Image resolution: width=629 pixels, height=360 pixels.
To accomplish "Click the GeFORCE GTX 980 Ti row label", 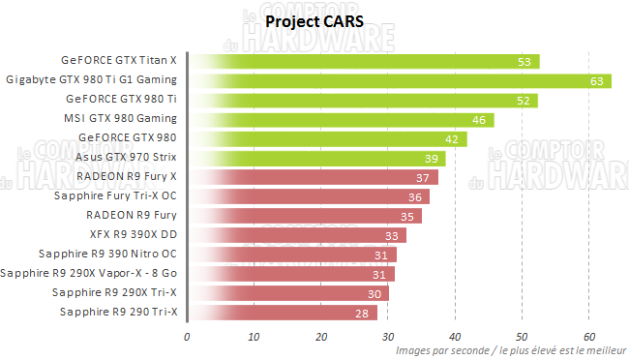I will [x=121, y=99].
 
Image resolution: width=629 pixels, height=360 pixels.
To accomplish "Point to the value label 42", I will [x=452, y=138].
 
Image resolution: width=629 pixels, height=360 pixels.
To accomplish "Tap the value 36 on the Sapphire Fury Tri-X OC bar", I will [x=413, y=196].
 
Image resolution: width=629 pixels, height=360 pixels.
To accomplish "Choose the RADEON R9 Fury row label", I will [x=132, y=215].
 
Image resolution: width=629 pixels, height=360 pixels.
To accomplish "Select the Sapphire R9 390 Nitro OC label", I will [x=107, y=254].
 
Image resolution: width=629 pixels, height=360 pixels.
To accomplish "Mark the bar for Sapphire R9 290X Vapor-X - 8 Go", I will [x=291, y=273].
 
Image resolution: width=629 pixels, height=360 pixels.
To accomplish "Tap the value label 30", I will [x=374, y=292].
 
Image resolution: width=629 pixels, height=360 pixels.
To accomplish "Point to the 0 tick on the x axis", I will [x=187, y=337].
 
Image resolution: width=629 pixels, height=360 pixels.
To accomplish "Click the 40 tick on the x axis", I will [x=455, y=337].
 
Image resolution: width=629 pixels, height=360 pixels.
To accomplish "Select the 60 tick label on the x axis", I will [x=588, y=337].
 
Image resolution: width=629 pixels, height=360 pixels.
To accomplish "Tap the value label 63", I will [x=596, y=80].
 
